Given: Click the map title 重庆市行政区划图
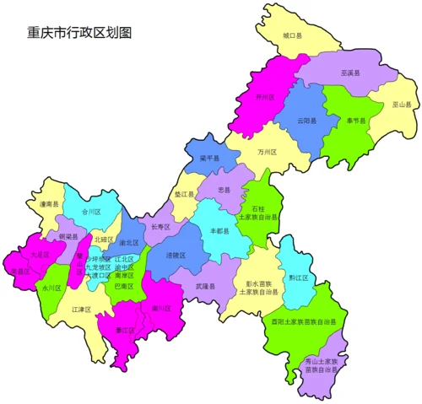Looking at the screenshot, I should pyautogui.click(x=79, y=33).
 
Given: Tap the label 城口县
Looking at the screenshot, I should pyautogui.click(x=292, y=35).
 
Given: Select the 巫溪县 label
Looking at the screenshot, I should pyautogui.click(x=350, y=73).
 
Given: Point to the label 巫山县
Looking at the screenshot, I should pyautogui.click(x=402, y=105).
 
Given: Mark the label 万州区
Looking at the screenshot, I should pyautogui.click(x=268, y=153).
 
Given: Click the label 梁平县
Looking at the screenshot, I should pyautogui.click(x=209, y=158).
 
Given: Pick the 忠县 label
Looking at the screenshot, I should pyautogui.click(x=224, y=191).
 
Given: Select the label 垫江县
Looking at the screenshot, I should pyautogui.click(x=185, y=194).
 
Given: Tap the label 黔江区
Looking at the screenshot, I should pyautogui.click(x=298, y=275).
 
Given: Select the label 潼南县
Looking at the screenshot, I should pyautogui.click(x=49, y=203).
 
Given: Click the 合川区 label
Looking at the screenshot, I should pyautogui.click(x=91, y=212).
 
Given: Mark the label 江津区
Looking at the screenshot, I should pyautogui.click(x=81, y=310).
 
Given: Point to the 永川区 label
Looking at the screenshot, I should pyautogui.click(x=46, y=288).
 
